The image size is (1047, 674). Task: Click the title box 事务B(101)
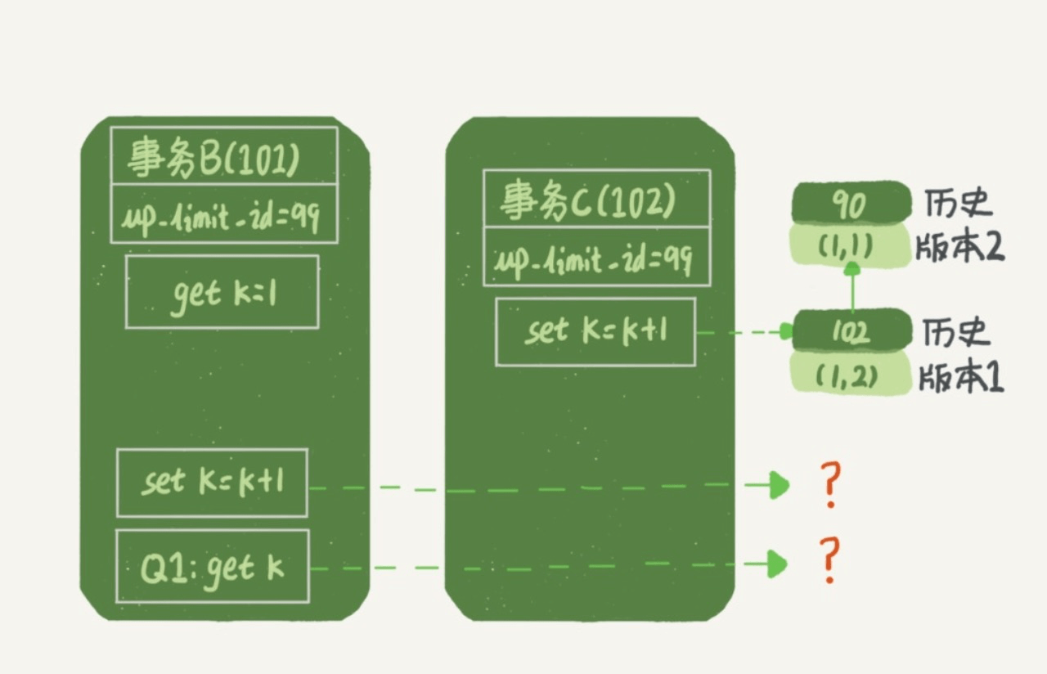tap(223, 156)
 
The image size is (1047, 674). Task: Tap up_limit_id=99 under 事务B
tap(223, 215)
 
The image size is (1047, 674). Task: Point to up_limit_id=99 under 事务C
tap(596, 257)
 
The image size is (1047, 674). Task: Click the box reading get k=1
tap(222, 292)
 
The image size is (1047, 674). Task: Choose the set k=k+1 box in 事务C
tap(595, 331)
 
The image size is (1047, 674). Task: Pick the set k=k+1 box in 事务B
tap(212, 483)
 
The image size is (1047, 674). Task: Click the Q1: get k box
tap(213, 566)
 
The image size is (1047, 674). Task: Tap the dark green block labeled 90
tap(852, 203)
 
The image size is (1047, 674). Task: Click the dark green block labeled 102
tap(852, 330)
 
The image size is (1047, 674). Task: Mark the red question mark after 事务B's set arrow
tap(829, 485)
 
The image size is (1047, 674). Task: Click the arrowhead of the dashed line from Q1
tap(777, 564)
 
